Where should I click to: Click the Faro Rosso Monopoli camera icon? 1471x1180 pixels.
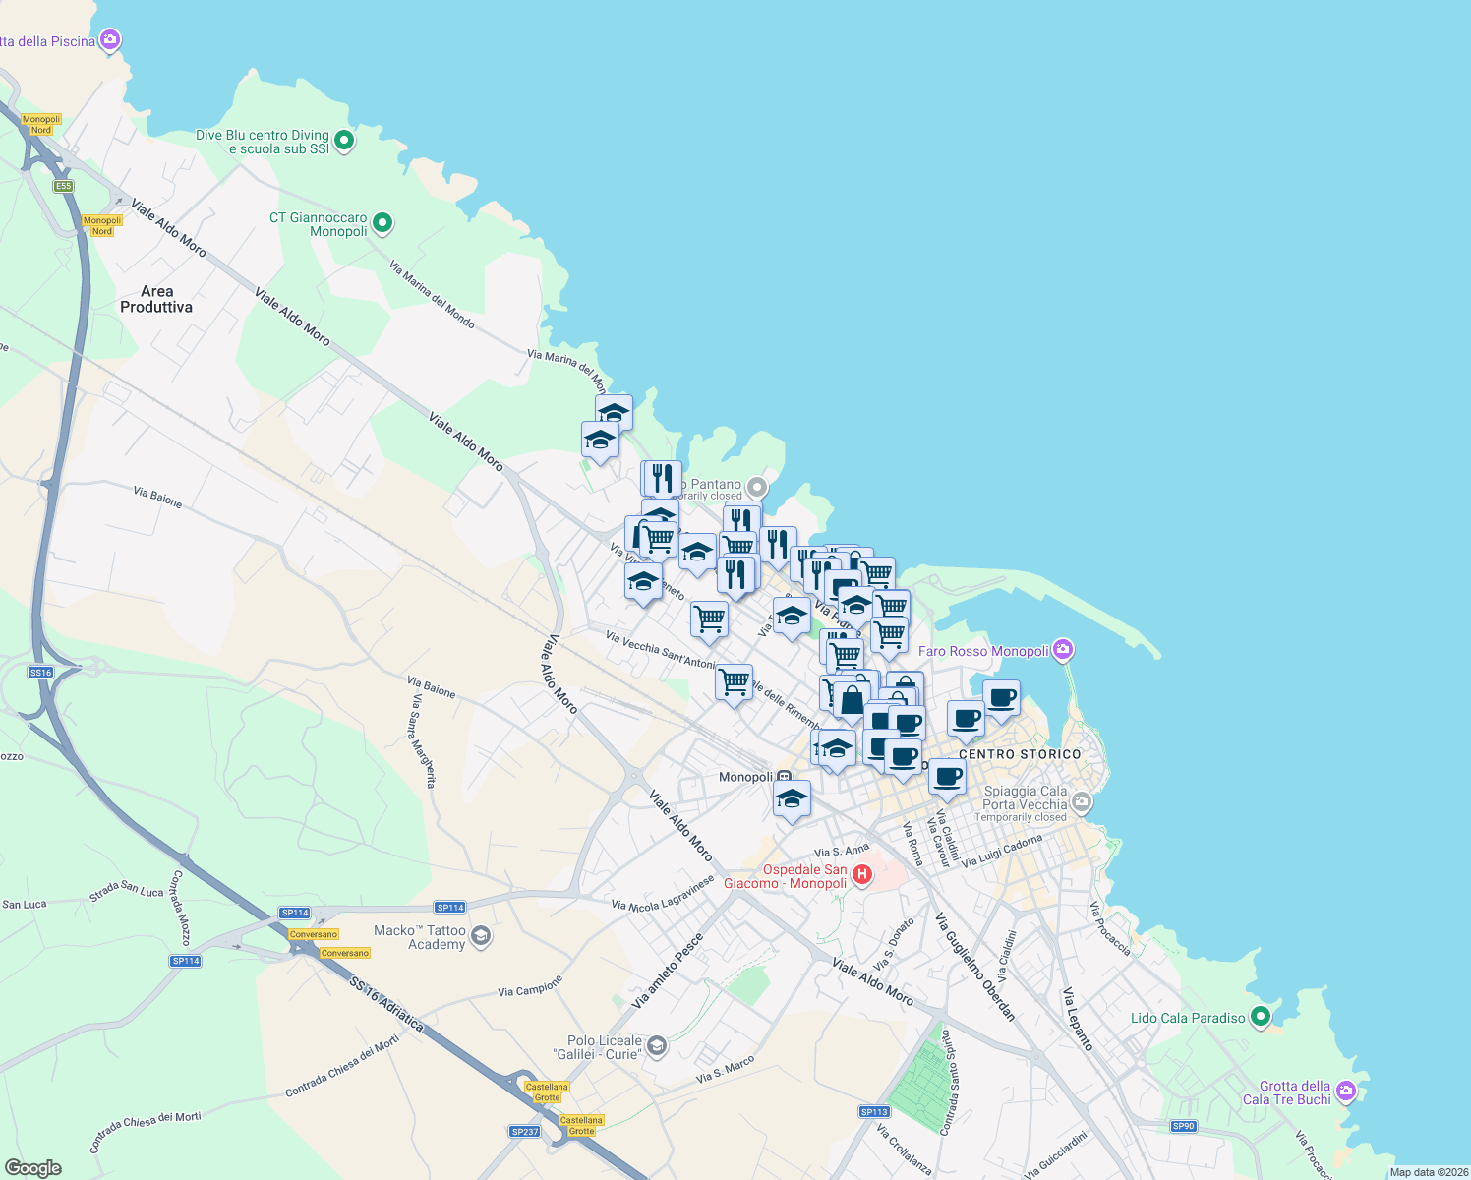(x=1062, y=650)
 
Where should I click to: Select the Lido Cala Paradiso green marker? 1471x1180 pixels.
(x=1261, y=1018)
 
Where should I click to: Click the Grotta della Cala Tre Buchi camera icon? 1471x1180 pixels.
(x=1346, y=1091)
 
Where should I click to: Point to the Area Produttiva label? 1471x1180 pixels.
(x=156, y=299)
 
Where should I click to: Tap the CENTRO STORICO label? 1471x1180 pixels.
(x=1020, y=754)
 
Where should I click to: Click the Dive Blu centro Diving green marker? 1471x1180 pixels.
(x=344, y=141)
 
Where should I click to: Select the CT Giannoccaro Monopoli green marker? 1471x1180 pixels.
(x=383, y=224)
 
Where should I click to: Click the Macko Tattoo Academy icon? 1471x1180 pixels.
(x=480, y=935)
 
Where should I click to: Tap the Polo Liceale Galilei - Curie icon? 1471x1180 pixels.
(x=657, y=1046)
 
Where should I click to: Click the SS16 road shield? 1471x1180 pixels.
(x=40, y=673)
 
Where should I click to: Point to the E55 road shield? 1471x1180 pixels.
(x=63, y=186)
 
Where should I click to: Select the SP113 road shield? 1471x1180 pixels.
(x=874, y=1112)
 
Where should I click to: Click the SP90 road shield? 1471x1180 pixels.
(x=1183, y=1126)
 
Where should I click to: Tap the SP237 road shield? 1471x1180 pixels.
(x=525, y=1132)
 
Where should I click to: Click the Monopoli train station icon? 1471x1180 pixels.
(x=784, y=777)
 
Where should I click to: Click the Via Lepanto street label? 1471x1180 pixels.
(x=1078, y=1019)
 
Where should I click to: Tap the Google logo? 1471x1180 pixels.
(x=33, y=1167)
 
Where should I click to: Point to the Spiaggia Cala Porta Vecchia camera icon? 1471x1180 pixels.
(x=1082, y=802)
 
